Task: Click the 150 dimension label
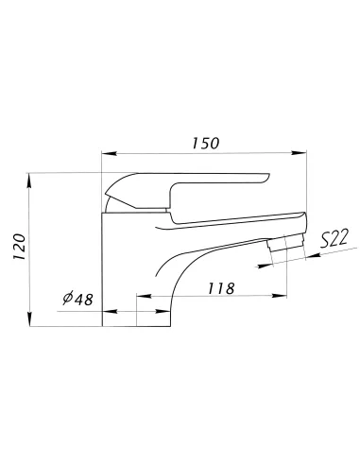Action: (x=205, y=144)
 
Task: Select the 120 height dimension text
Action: (x=19, y=247)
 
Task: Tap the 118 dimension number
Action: (x=221, y=288)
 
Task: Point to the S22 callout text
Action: (x=334, y=238)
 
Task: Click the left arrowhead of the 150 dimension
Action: (x=110, y=154)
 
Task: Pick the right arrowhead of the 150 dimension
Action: (x=299, y=153)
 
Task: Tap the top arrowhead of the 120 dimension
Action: (x=29, y=181)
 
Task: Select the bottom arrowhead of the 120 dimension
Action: (x=29, y=319)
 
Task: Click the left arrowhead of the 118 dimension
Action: (x=144, y=296)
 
